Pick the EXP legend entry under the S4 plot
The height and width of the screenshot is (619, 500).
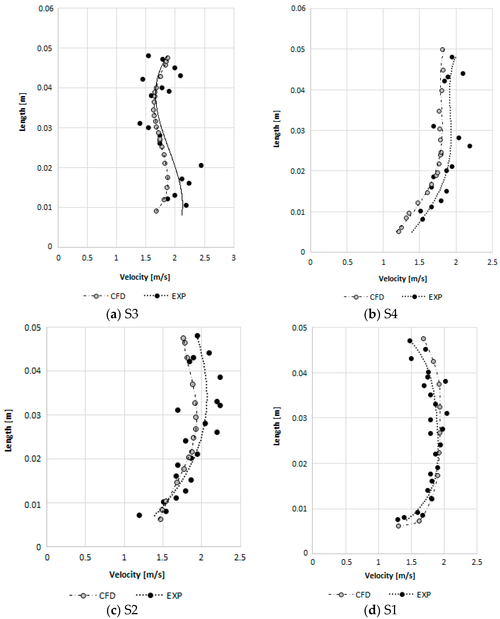tap(422, 297)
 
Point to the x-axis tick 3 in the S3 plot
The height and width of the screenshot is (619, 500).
tap(233, 258)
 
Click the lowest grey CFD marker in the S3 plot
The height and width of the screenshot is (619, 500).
tap(156, 211)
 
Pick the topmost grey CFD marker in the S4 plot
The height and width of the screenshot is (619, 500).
tap(442, 50)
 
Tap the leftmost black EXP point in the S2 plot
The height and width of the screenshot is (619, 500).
tap(139, 515)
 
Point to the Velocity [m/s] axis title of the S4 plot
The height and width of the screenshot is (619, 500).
tap(403, 279)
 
